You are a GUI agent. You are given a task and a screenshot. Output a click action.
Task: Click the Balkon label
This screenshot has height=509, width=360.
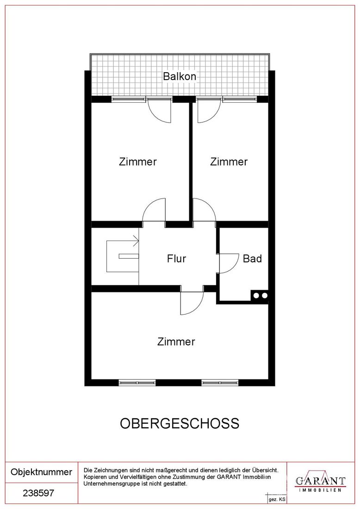click(180, 77)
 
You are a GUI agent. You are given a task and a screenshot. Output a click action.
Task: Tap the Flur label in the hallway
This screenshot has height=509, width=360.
click(177, 259)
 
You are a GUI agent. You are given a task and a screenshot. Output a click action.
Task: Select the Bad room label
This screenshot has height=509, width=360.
click(252, 259)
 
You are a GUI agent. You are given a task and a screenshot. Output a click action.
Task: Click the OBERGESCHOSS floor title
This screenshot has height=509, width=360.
click(180, 423)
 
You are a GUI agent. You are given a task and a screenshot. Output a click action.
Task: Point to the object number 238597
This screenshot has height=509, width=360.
click(38, 493)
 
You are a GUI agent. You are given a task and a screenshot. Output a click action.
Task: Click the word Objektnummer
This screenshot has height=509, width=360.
click(42, 472)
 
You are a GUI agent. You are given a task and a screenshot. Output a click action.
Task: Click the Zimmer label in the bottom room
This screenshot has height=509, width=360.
click(176, 341)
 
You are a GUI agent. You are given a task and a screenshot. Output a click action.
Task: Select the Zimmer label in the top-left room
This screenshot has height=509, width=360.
click(137, 161)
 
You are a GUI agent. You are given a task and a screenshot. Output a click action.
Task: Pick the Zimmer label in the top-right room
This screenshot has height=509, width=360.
click(229, 161)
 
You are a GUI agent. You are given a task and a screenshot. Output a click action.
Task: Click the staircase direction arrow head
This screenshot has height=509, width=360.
click(137, 241)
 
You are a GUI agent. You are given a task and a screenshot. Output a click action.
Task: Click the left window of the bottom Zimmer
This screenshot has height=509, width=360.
click(137, 383)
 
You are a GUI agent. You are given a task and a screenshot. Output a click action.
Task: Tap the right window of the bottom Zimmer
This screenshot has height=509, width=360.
click(220, 383)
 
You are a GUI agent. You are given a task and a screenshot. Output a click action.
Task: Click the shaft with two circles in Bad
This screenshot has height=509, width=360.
click(260, 295)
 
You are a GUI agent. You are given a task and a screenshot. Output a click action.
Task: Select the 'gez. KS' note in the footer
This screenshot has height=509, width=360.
click(277, 500)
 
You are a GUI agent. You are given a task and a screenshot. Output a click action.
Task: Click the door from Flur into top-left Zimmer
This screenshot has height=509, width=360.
click(154, 211)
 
